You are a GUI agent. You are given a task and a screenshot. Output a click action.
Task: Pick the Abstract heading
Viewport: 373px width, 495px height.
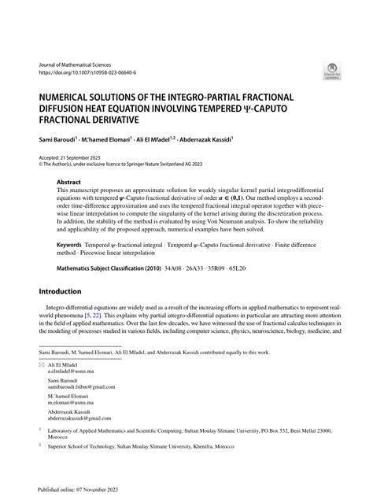pos(68,180)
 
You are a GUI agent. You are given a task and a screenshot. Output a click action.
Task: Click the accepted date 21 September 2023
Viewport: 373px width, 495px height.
pos(91,155)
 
